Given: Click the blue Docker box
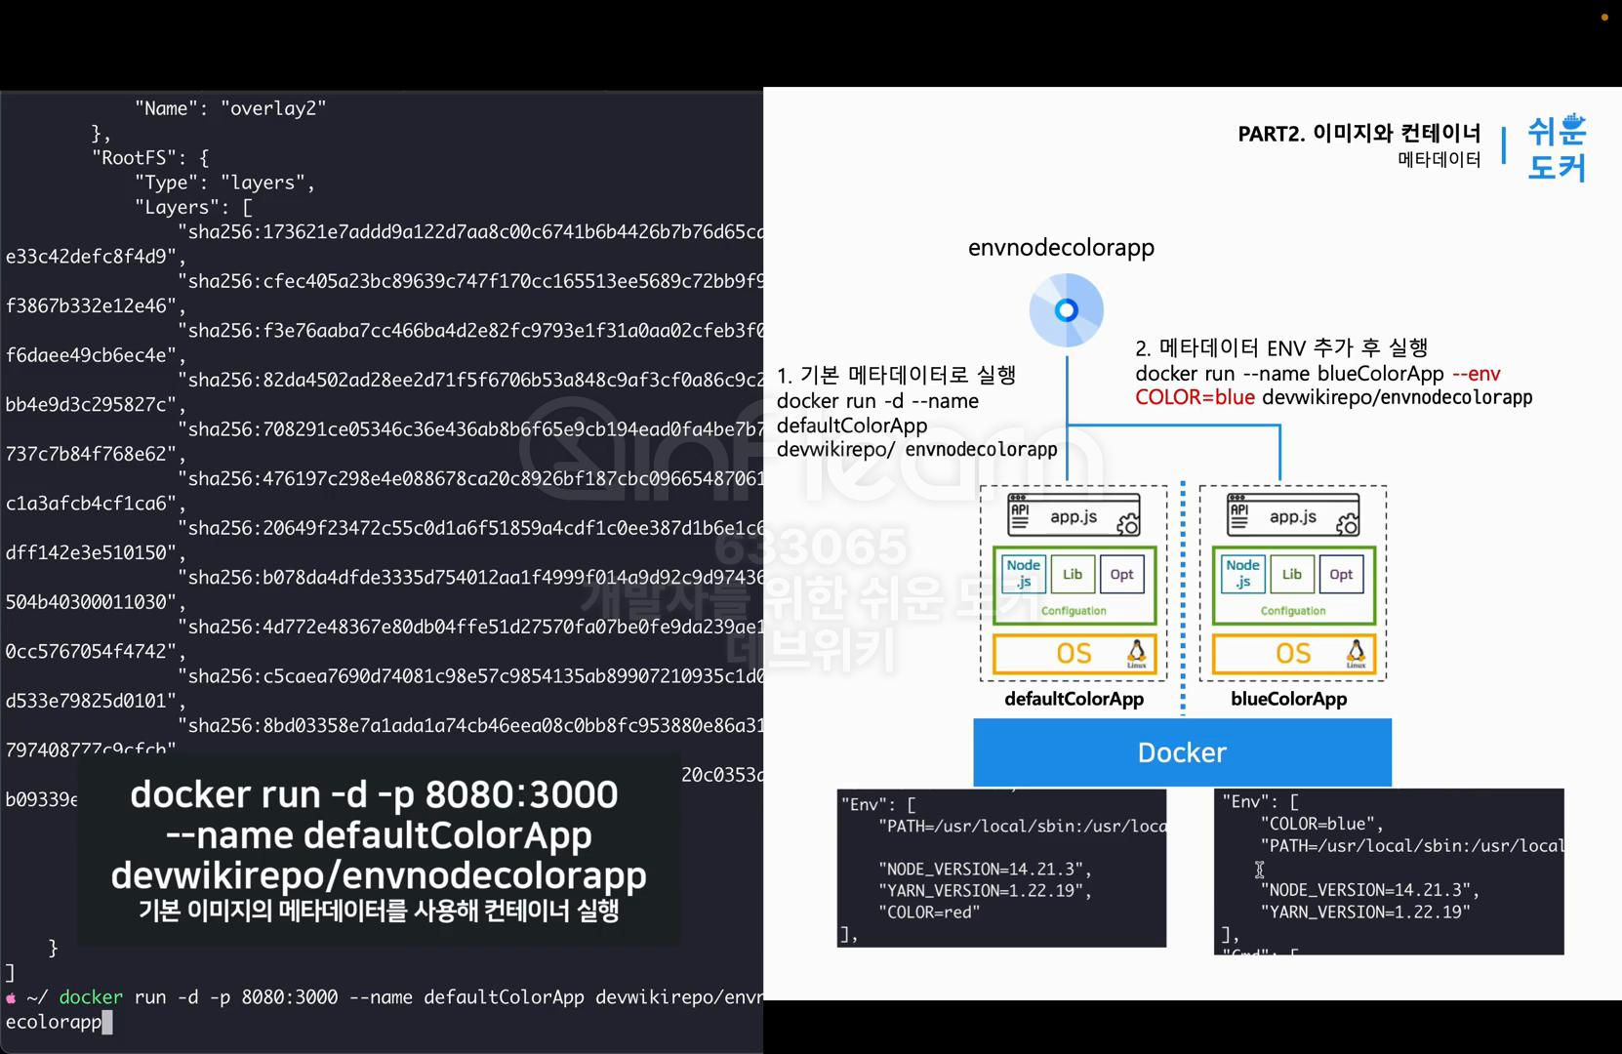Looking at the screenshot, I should [1182, 752].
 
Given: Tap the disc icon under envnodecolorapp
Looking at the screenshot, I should [1067, 310].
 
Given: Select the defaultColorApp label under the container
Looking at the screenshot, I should [1074, 699].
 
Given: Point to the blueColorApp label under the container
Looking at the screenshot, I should [1288, 699].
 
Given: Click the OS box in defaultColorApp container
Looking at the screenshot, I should [1074, 654].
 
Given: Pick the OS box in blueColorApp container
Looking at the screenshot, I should [1293, 654].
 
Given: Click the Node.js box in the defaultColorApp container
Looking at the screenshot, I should [1023, 574].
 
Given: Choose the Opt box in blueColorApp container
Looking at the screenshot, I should [1341, 574].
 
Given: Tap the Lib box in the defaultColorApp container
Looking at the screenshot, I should [1073, 574].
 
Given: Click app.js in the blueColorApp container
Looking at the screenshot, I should [1293, 517].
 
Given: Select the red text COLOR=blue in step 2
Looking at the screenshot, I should [1195, 397].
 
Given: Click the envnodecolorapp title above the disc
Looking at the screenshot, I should [1061, 248].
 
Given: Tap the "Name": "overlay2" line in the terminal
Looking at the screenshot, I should [230, 108].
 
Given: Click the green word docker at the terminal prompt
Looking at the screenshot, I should [91, 997].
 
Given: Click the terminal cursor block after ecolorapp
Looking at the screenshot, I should [107, 1022].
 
